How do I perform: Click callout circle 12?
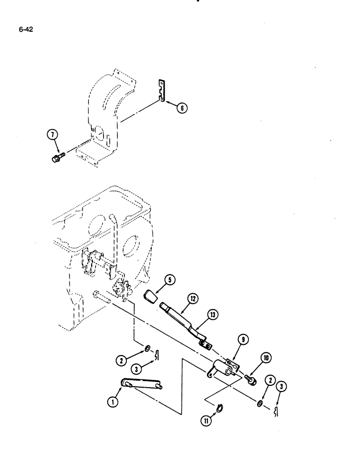[192, 297]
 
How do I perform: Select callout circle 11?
[206, 420]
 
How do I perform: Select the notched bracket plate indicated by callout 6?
[161, 91]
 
